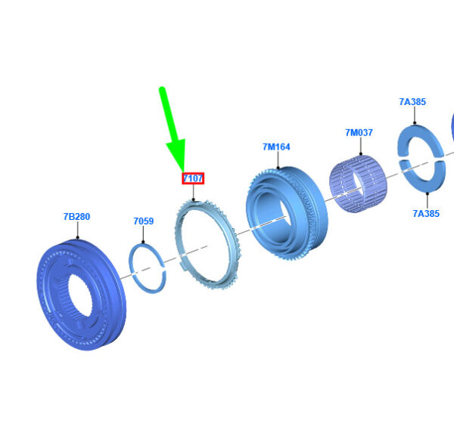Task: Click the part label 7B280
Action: click(76, 217)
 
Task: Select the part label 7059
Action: click(144, 221)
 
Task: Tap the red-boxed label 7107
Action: click(193, 178)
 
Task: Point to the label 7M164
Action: click(276, 147)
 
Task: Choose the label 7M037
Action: click(359, 133)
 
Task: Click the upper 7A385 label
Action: click(412, 102)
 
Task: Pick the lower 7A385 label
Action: click(426, 214)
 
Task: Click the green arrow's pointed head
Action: click(183, 172)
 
